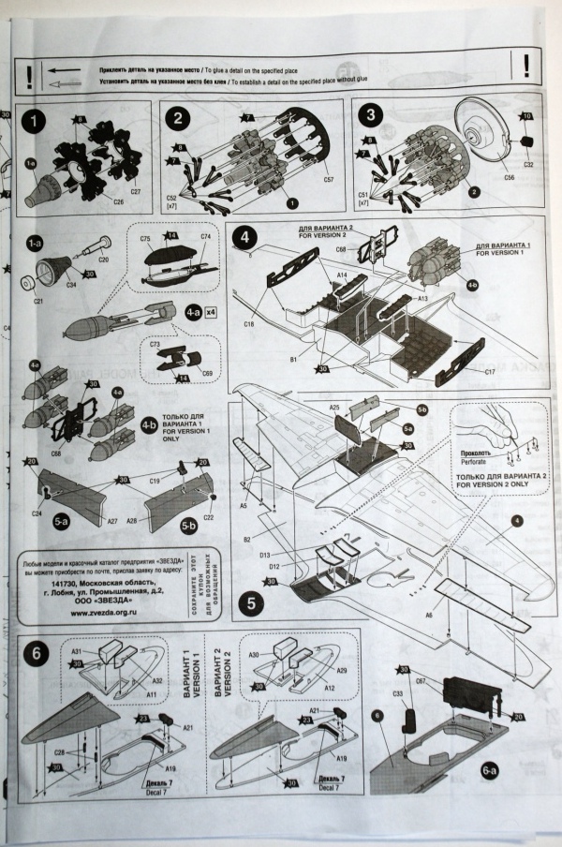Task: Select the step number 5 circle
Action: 249,605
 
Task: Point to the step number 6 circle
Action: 37,653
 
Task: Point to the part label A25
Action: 334,409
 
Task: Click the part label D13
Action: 265,556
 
